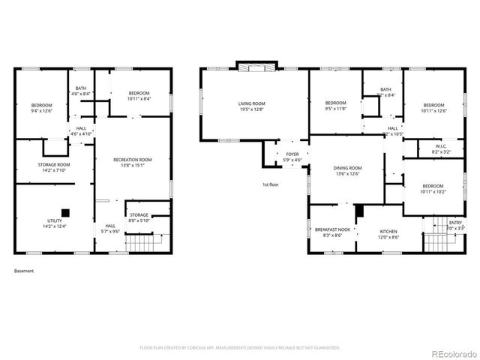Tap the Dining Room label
click(347, 170)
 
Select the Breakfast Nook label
click(332, 232)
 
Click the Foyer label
click(292, 157)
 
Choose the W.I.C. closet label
click(442, 148)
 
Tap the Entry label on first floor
click(455, 224)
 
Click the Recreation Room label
click(132, 162)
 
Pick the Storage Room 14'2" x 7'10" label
click(54, 166)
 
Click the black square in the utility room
click(66, 212)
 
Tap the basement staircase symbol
click(142, 244)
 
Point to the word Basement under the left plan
click(24, 271)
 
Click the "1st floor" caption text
click(271, 184)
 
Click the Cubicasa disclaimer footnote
click(240, 348)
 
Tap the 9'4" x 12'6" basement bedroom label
click(42, 107)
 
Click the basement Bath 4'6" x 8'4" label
click(81, 91)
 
